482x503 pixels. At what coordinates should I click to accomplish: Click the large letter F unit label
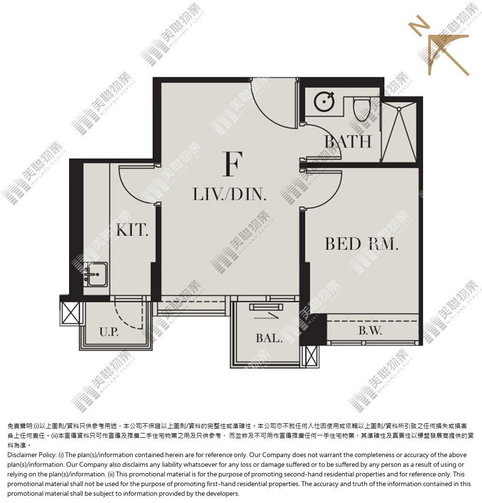click(x=232, y=164)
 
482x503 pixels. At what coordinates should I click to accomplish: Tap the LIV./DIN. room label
click(x=229, y=194)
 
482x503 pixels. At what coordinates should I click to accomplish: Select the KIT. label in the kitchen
click(x=132, y=230)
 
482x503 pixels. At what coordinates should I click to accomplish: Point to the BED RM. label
click(x=361, y=244)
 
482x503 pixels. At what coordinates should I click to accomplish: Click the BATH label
click(x=348, y=142)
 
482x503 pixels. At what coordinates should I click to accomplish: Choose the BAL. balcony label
click(x=269, y=338)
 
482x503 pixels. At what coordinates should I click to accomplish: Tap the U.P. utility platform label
click(x=109, y=331)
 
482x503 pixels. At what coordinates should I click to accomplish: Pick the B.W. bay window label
click(x=370, y=330)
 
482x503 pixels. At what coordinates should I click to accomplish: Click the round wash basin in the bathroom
click(x=324, y=101)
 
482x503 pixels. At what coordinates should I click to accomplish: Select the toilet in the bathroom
click(x=362, y=109)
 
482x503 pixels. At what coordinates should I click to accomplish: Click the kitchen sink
click(x=96, y=274)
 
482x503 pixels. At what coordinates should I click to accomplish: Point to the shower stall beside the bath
click(x=399, y=132)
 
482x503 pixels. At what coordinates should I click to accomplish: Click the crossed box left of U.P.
click(x=71, y=313)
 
